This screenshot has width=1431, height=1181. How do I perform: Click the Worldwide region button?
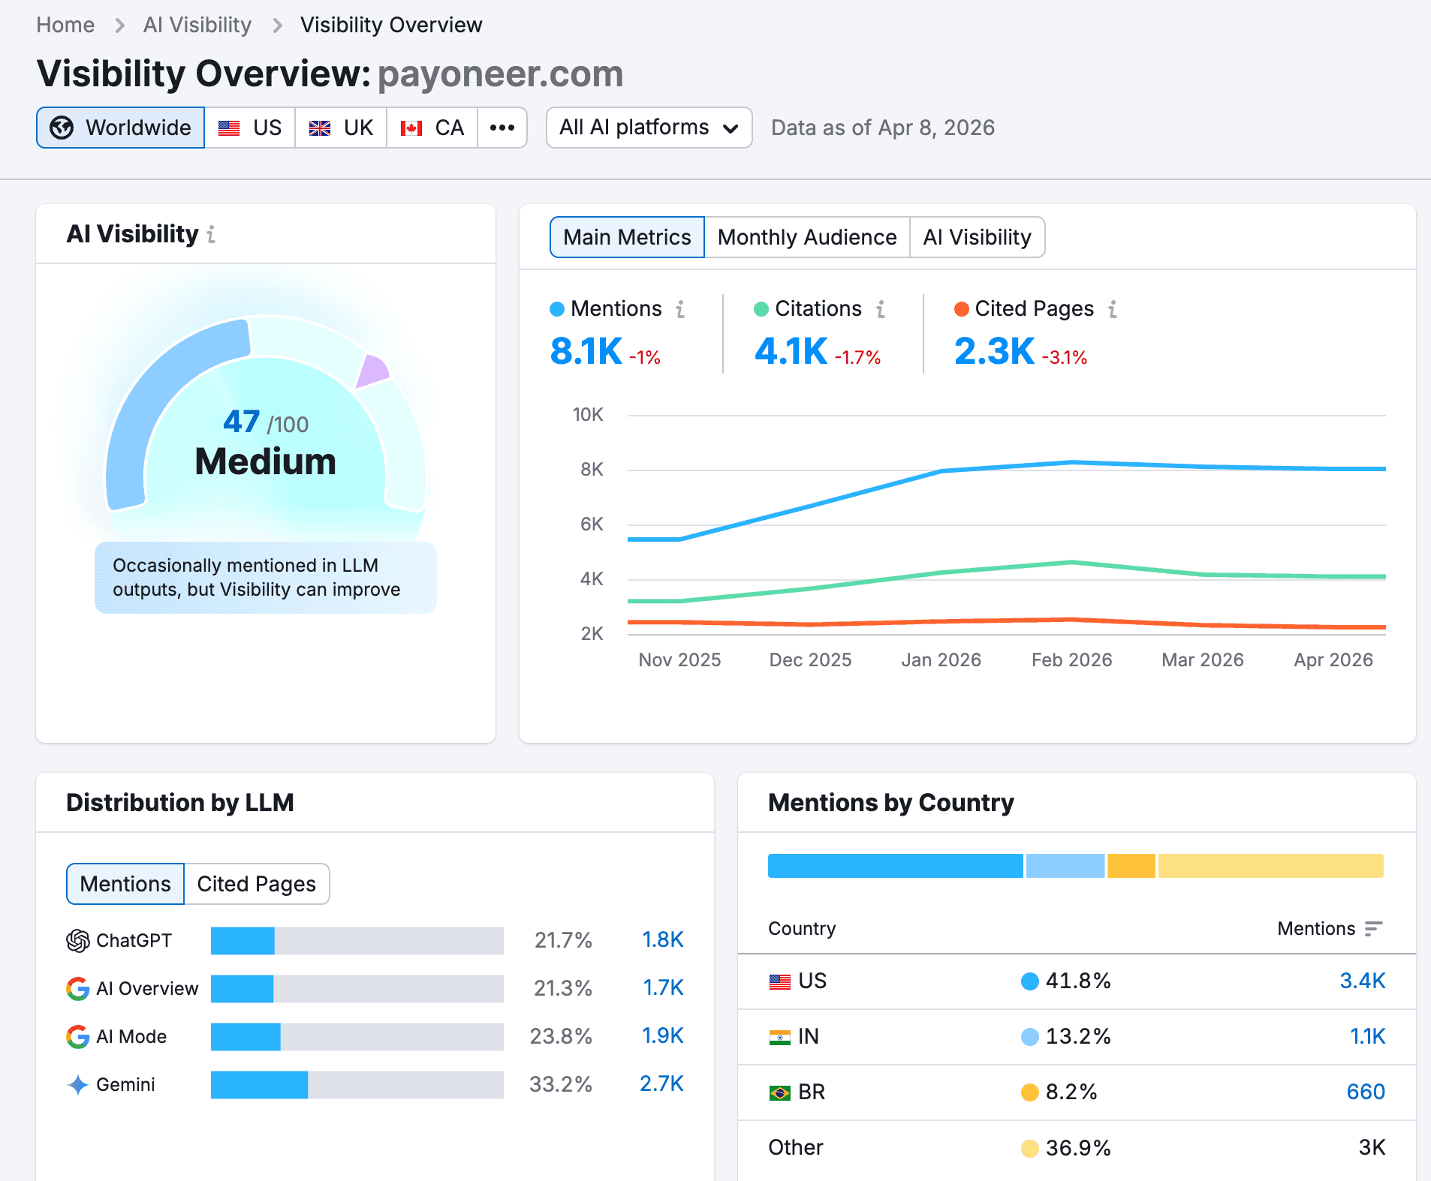[120, 128]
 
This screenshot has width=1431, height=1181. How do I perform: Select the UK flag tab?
[341, 128]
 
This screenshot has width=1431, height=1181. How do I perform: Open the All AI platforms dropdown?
[649, 128]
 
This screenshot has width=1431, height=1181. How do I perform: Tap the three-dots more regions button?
[502, 128]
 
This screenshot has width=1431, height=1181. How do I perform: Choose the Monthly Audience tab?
[806, 237]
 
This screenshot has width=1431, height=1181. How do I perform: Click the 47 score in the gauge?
[242, 422]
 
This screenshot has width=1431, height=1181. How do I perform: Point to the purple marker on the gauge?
[372, 371]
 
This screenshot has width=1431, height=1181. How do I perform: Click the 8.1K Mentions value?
[586, 351]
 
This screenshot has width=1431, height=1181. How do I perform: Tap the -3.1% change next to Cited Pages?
[1065, 358]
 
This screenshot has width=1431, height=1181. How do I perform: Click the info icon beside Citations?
[881, 309]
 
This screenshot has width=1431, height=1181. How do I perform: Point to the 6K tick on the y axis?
[592, 524]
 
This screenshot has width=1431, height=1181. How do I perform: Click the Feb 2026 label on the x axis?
[1071, 660]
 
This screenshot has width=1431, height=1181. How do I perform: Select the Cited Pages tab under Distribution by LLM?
[256, 884]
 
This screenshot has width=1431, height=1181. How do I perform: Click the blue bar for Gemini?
[259, 1084]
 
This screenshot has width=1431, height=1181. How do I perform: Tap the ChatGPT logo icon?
[78, 940]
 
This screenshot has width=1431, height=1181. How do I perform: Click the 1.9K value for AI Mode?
[662, 1036]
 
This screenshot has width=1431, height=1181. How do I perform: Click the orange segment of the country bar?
[1131, 866]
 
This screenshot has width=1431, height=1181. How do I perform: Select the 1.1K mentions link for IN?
[1367, 1036]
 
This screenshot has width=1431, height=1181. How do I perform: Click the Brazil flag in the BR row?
[779, 1092]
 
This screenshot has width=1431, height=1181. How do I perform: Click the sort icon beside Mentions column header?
[1373, 929]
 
